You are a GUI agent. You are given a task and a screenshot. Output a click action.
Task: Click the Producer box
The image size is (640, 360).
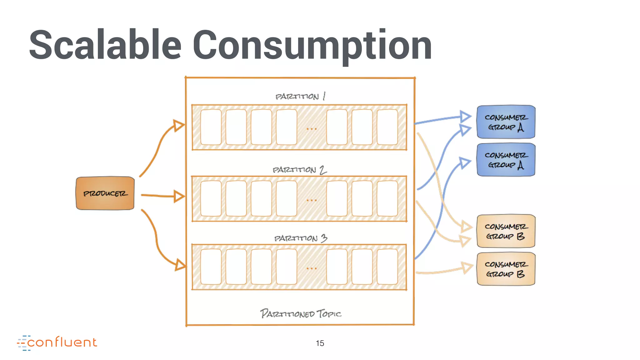click(x=105, y=193)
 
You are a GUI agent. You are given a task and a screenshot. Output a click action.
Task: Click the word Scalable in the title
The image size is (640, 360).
click(x=105, y=44)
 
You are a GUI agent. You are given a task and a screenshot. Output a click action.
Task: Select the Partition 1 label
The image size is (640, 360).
click(x=300, y=96)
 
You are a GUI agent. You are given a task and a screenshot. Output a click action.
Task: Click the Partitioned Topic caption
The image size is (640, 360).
click(x=300, y=313)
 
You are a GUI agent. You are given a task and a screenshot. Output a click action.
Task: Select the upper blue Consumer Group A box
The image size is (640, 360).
click(x=506, y=122)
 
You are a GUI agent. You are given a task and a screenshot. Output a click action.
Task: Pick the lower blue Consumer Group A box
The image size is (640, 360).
click(x=506, y=160)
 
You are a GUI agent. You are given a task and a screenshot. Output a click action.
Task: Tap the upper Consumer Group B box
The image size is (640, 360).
click(x=506, y=231)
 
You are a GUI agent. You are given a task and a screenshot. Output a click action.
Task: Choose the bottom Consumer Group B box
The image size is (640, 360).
click(x=506, y=269)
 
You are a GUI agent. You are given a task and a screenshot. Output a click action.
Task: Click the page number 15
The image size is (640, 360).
click(x=320, y=343)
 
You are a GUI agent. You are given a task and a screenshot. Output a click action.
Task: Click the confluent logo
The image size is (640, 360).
click(x=57, y=342)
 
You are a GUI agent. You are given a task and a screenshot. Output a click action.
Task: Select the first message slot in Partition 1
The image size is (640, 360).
click(x=211, y=127)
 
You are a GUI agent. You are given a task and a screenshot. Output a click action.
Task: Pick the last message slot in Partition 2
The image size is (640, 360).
click(x=387, y=198)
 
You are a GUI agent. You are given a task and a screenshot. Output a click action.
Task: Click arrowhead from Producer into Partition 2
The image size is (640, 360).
click(x=179, y=196)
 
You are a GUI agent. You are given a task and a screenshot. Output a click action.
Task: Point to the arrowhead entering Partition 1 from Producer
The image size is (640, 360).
click(x=179, y=125)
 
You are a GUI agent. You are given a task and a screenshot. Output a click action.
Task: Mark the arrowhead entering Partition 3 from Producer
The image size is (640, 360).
click(x=180, y=265)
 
